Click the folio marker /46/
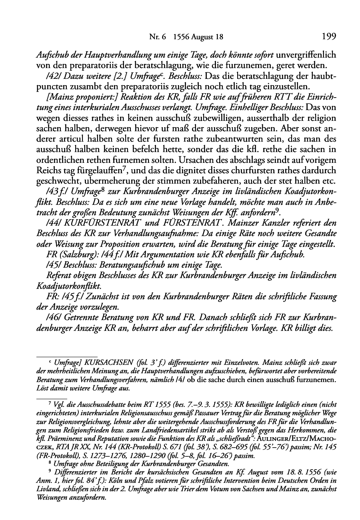[x=53, y=316]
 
